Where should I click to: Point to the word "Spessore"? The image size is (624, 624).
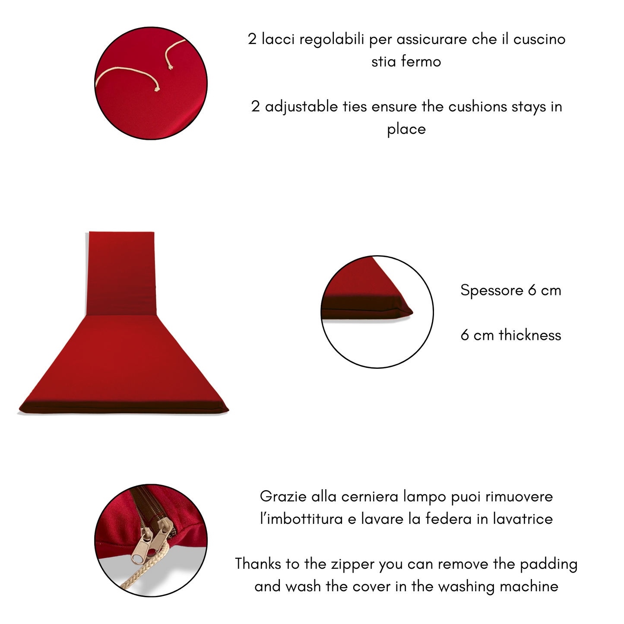pyautogui.click(x=491, y=291)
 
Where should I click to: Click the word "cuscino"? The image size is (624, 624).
pyautogui.click(x=539, y=40)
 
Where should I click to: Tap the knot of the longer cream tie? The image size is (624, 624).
pyautogui.click(x=157, y=89)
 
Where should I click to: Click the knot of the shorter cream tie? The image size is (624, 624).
pyautogui.click(x=170, y=67)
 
